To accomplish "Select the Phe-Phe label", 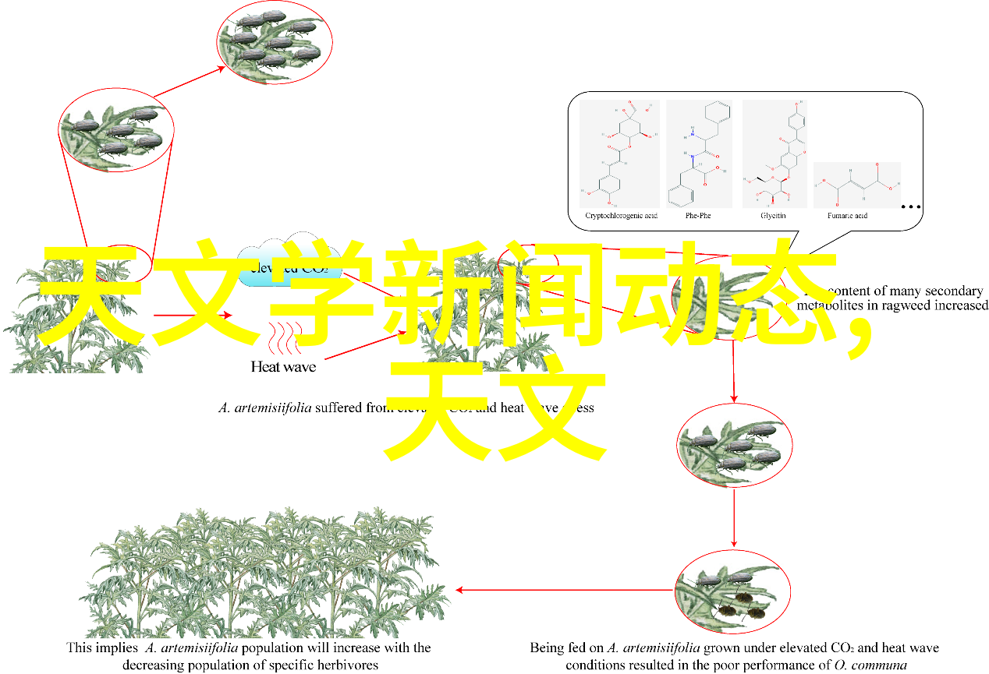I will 698,215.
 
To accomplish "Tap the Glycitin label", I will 773,215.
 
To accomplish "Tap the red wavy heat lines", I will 284,338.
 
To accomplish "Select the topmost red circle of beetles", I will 274,43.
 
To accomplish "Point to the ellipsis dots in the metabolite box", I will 910,207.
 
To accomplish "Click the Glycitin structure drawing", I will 774,156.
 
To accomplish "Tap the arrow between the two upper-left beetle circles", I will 189,83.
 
